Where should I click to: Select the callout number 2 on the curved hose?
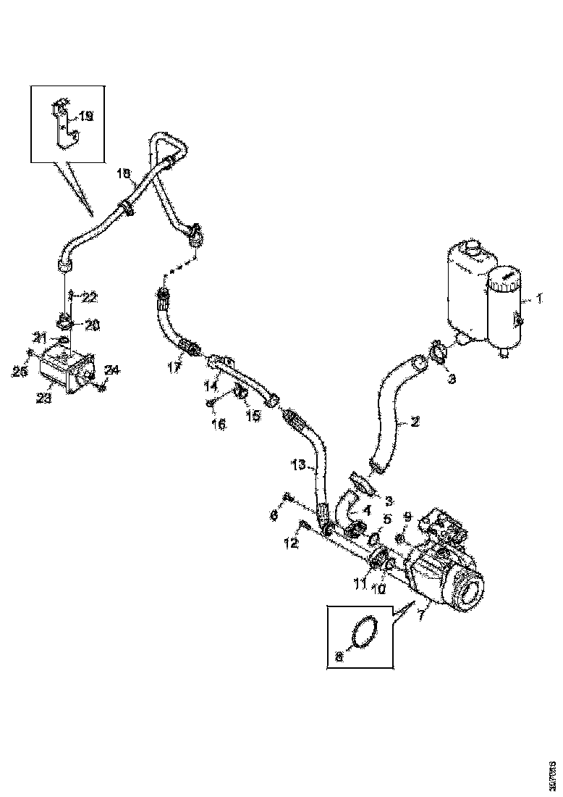point(415,420)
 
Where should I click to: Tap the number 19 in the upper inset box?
point(85,116)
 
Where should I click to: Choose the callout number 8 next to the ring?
point(339,657)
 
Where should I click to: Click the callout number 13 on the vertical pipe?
point(299,464)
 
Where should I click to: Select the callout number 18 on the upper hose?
point(124,175)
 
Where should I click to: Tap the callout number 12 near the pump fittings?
point(291,543)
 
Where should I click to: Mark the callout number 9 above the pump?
point(407,518)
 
